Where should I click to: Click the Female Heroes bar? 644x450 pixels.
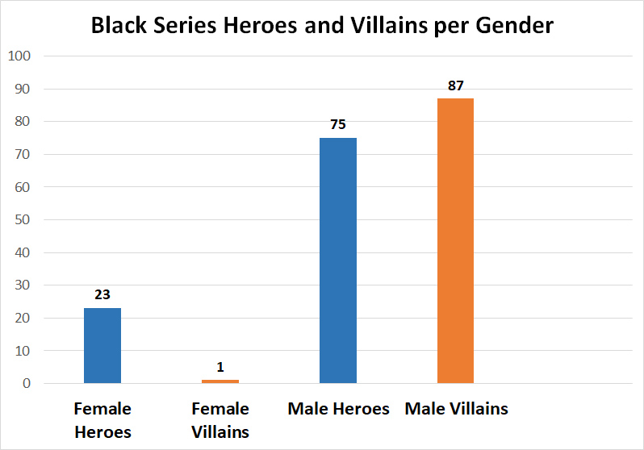click(x=102, y=346)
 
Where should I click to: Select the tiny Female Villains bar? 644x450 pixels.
click(x=220, y=381)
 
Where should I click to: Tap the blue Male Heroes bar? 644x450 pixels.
click(x=338, y=260)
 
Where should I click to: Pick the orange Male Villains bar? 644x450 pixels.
click(x=456, y=241)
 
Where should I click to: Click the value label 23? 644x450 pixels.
click(x=102, y=294)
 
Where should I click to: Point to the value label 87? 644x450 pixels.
click(x=456, y=85)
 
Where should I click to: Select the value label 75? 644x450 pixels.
click(x=338, y=124)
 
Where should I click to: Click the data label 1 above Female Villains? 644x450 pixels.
click(x=220, y=367)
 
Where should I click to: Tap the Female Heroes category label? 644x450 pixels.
click(x=102, y=420)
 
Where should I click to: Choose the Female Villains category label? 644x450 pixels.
click(x=220, y=420)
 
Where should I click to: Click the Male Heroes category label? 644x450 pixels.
click(x=338, y=409)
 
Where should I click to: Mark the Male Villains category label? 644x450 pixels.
click(x=456, y=409)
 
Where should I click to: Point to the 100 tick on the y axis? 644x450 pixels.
click(x=19, y=56)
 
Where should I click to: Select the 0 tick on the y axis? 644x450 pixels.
click(x=26, y=384)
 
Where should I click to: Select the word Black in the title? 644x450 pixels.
click(x=117, y=26)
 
